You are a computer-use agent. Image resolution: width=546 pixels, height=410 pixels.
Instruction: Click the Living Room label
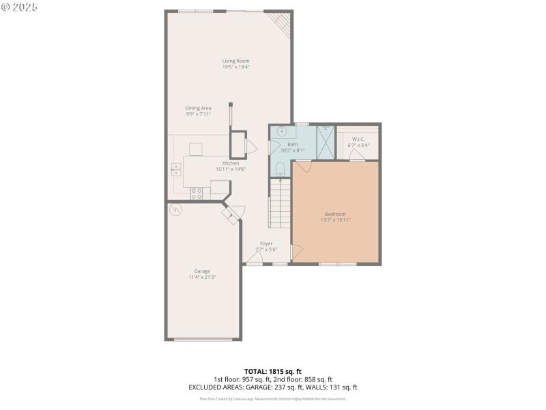tap(235, 61)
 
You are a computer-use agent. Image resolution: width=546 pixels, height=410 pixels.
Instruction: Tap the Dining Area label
tap(198, 108)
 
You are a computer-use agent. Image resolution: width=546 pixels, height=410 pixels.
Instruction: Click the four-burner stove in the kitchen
tap(196, 193)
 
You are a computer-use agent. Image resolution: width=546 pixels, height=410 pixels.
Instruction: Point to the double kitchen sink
tap(176, 169)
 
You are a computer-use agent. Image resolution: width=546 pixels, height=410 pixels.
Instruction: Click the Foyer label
tap(266, 243)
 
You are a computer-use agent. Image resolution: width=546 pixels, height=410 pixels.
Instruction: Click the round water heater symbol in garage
tap(177, 210)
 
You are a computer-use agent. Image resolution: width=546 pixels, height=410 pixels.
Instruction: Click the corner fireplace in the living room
tap(281, 25)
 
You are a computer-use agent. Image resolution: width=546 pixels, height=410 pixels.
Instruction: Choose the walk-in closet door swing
tap(356, 156)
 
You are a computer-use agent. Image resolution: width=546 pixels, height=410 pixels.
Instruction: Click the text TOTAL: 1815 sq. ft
tap(272, 372)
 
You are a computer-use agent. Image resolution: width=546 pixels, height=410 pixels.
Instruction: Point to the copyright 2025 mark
tap(20, 7)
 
